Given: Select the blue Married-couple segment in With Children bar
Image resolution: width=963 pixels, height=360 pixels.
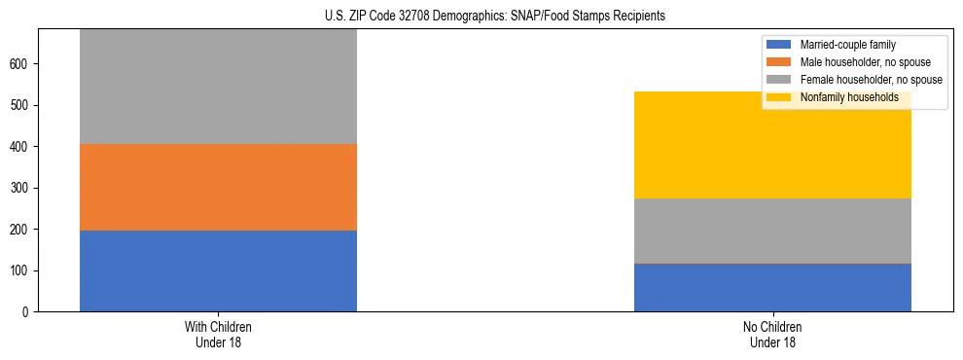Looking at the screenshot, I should point(218,270).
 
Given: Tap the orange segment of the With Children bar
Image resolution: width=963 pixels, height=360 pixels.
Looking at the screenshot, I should point(218,187).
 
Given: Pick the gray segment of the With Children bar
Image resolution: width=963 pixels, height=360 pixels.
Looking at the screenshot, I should point(218,88).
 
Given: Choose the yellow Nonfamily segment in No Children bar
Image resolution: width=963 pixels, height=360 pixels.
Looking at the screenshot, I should point(772,145).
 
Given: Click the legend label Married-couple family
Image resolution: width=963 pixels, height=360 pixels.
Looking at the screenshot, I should point(848,45).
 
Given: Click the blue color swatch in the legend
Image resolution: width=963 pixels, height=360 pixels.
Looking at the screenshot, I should point(779,45).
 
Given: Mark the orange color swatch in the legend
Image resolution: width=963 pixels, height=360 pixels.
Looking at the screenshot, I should point(779,62).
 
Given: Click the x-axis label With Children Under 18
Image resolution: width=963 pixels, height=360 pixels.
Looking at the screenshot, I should point(218,335).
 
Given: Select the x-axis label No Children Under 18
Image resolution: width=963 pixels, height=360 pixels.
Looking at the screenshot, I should point(772,335).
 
